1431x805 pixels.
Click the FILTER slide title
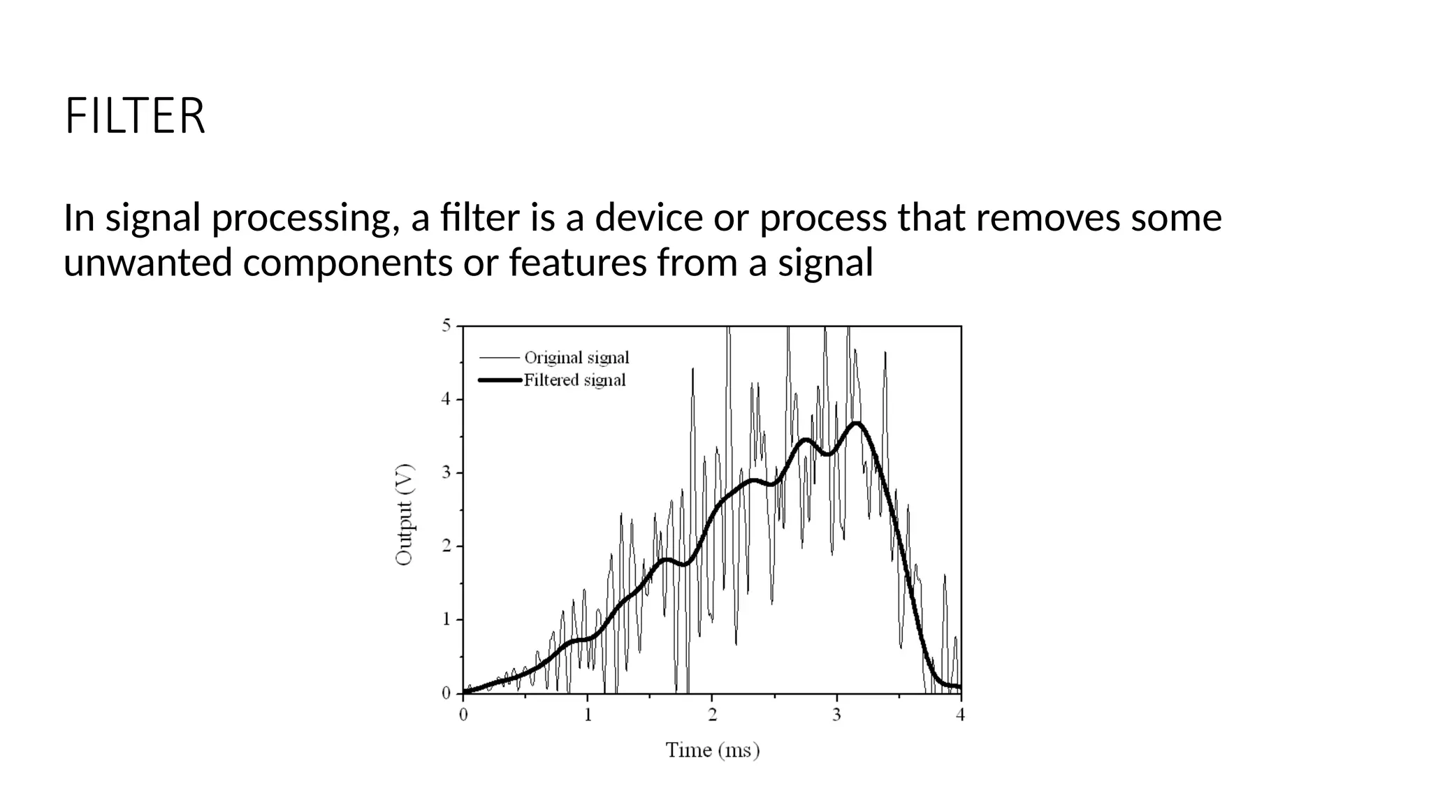[x=135, y=116]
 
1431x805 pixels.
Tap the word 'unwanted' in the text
[x=147, y=263]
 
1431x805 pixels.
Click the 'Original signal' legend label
[x=576, y=358]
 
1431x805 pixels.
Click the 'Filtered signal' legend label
[x=574, y=380]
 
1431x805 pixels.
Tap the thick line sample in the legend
[x=500, y=380]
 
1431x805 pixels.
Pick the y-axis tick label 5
[x=446, y=326]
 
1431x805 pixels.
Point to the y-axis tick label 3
[x=446, y=473]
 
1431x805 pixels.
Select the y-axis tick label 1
[x=446, y=620]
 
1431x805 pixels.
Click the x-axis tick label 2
[x=712, y=715]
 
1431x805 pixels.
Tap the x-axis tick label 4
[x=961, y=715]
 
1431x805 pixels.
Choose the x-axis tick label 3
[x=836, y=715]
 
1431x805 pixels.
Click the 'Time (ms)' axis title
[x=712, y=750]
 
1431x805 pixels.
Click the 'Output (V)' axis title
[x=405, y=514]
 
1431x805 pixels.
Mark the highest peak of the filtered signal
[x=857, y=423]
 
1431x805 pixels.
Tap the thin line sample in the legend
[x=500, y=358]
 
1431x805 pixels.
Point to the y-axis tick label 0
[x=446, y=693]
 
